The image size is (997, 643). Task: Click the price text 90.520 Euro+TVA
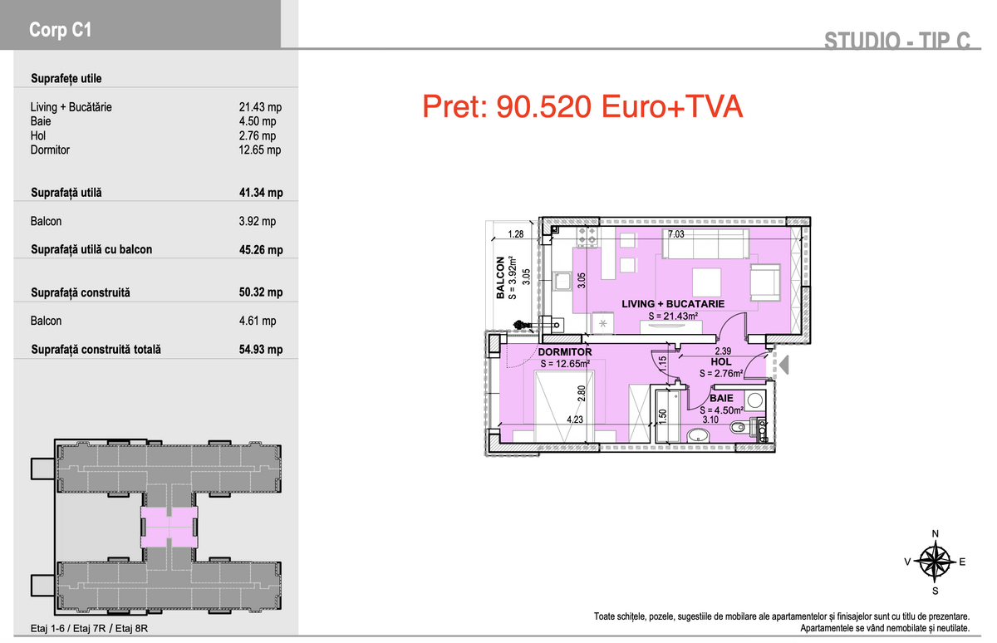pyautogui.click(x=619, y=107)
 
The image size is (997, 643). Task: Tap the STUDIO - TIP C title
pyautogui.click(x=896, y=41)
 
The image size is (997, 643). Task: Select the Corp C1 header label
pyautogui.click(x=60, y=30)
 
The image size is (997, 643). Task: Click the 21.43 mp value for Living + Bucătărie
pyautogui.click(x=260, y=107)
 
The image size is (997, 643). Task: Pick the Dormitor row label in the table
pyautogui.click(x=50, y=150)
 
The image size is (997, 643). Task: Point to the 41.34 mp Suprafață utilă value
pyautogui.click(x=261, y=193)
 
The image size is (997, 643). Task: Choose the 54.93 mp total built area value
pyautogui.click(x=261, y=350)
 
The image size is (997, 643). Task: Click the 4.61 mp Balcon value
pyautogui.click(x=258, y=321)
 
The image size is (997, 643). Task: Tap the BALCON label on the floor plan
pyautogui.click(x=500, y=277)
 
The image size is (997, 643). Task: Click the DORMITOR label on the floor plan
pyautogui.click(x=565, y=352)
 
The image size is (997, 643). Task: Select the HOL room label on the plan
pyautogui.click(x=721, y=362)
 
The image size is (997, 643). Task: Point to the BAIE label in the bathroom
pyautogui.click(x=721, y=398)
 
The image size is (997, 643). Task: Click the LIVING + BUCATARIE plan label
pyautogui.click(x=673, y=304)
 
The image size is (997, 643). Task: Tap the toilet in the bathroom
pyautogui.click(x=741, y=427)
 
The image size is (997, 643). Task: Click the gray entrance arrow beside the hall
pyautogui.click(x=783, y=365)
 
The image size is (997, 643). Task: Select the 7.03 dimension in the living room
pyautogui.click(x=675, y=234)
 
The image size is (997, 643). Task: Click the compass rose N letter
pyautogui.click(x=936, y=534)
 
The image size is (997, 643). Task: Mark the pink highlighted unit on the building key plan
pyautogui.click(x=169, y=528)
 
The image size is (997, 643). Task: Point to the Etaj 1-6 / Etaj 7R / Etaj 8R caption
pyautogui.click(x=89, y=628)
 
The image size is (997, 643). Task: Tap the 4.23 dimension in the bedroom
pyautogui.click(x=575, y=420)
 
